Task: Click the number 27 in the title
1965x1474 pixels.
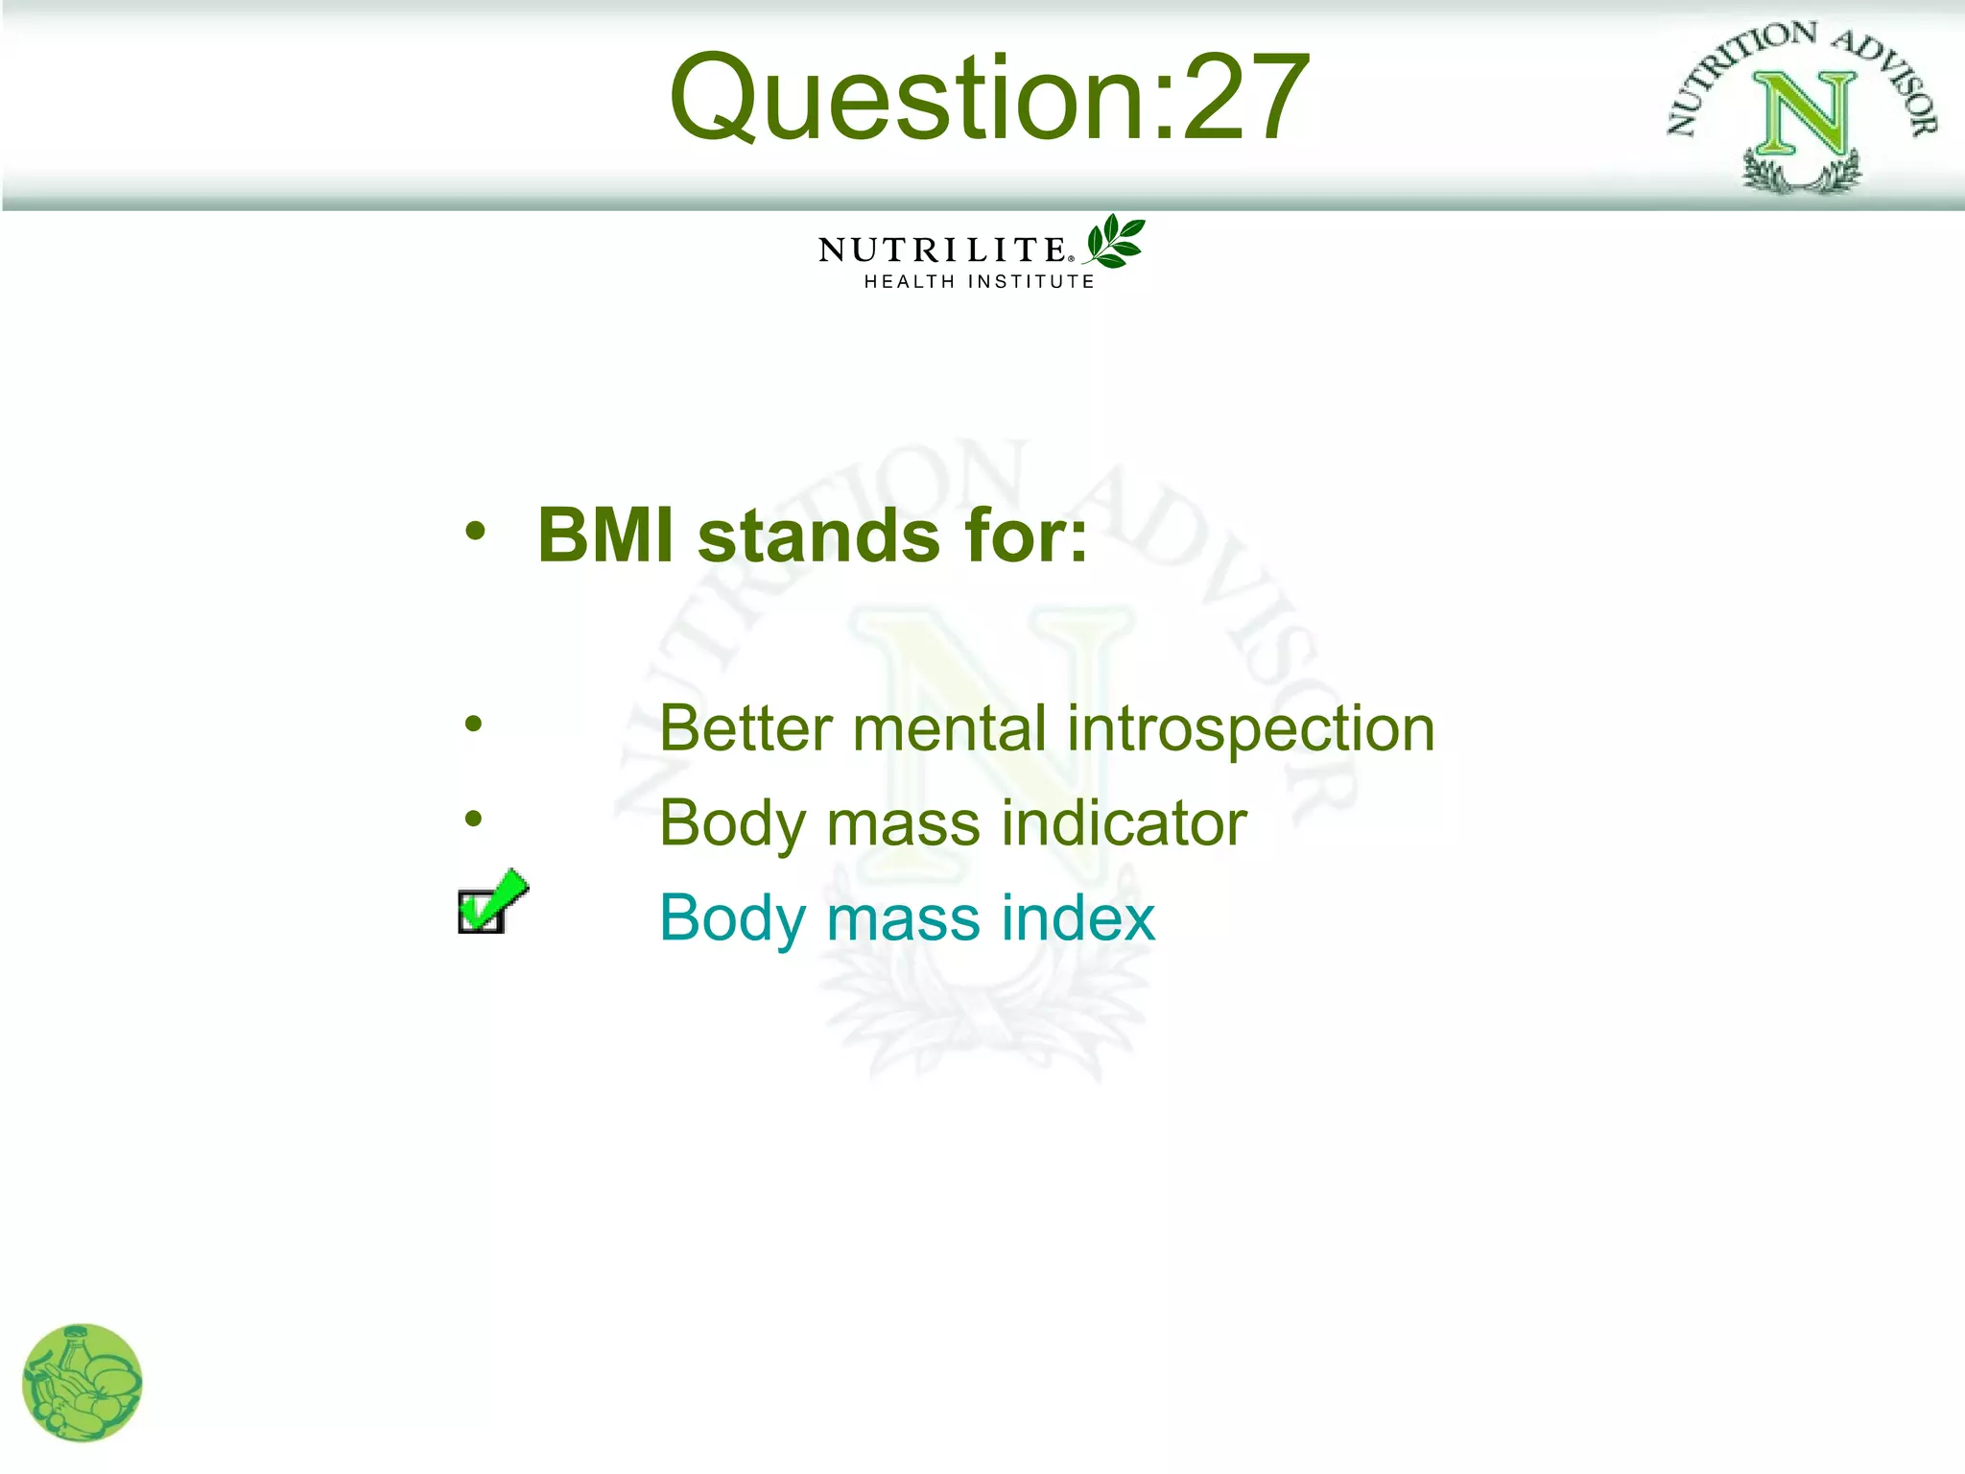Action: pyautogui.click(x=1245, y=98)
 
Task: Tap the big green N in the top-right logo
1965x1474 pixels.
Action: pyautogui.click(x=1804, y=115)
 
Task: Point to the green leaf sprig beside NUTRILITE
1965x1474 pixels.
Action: pyautogui.click(x=1115, y=241)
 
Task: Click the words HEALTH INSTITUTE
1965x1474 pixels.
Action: pyautogui.click(x=979, y=282)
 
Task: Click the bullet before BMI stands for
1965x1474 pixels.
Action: pyautogui.click(x=475, y=531)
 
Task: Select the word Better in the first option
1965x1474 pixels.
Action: pyautogui.click(x=746, y=728)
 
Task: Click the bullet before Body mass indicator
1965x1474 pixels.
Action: pyautogui.click(x=473, y=819)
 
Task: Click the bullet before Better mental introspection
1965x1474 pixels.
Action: pyautogui.click(x=473, y=724)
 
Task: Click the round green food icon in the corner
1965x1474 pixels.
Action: pyautogui.click(x=82, y=1383)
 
